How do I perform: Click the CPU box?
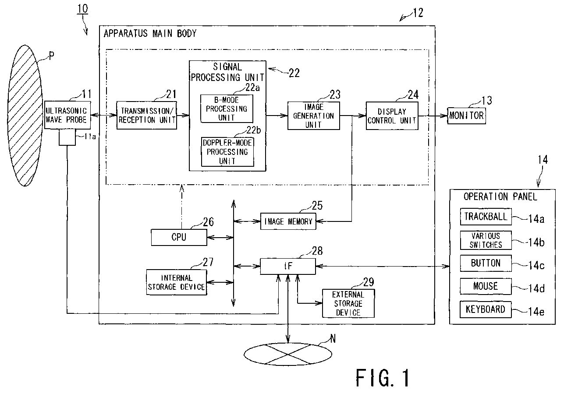click(179, 237)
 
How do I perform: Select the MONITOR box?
click(466, 116)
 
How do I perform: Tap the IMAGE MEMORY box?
click(288, 221)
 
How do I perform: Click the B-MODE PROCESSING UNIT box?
click(227, 109)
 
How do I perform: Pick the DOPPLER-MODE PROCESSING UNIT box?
click(227, 152)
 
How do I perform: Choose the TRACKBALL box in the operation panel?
click(486, 217)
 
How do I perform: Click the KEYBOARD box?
click(486, 309)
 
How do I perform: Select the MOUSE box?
click(486, 286)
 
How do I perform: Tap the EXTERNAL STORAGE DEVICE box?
click(348, 303)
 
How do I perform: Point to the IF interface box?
click(288, 266)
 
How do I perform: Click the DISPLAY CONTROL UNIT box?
click(392, 116)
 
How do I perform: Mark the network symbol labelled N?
click(288, 354)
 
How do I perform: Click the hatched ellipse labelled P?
click(25, 116)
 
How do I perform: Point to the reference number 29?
click(369, 282)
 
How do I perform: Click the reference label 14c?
click(536, 265)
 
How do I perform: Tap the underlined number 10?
click(82, 9)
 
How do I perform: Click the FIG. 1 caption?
click(382, 378)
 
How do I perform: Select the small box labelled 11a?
click(67, 137)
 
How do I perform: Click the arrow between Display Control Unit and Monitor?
click(433, 116)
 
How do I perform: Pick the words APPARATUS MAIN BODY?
click(150, 33)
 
